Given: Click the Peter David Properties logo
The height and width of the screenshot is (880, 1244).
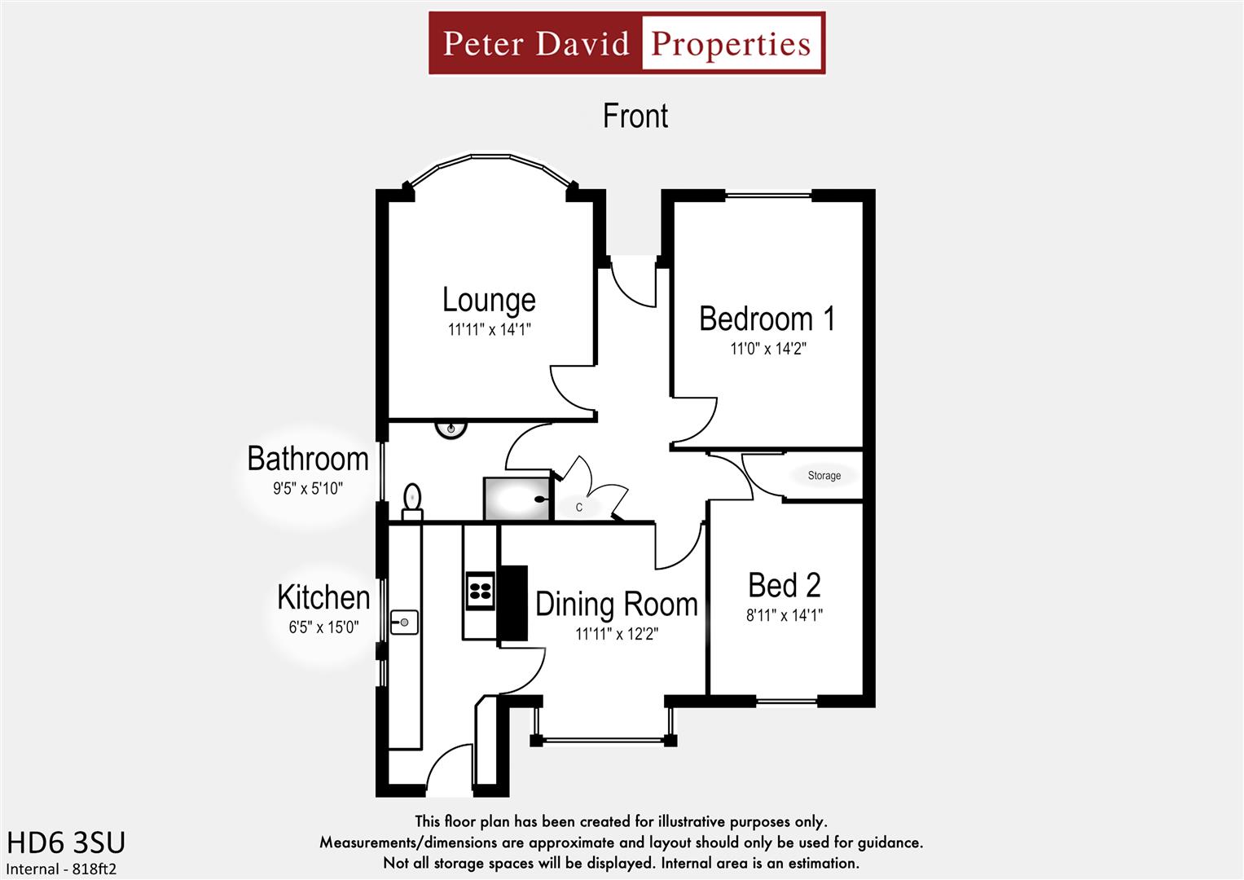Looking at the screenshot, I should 626,43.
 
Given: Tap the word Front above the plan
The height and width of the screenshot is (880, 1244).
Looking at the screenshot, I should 635,117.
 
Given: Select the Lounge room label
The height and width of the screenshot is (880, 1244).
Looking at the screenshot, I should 489,300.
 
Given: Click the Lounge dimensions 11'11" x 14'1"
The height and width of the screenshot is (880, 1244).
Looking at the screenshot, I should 489,330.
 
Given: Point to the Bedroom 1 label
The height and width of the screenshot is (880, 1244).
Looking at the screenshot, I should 767,319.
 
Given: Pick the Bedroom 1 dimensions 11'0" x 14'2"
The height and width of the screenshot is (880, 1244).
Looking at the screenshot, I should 767,349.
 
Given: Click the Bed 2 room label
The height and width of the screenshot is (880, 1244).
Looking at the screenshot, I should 784,586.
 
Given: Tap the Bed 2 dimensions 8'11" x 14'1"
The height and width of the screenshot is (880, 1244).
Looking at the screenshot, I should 784,615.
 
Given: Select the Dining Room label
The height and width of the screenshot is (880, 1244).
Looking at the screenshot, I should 616,605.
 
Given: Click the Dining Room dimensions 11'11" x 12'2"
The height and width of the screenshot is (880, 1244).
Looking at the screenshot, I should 616,634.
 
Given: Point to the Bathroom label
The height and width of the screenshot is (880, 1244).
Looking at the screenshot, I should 308,460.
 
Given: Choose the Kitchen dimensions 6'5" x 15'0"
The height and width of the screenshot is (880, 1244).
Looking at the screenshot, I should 323,627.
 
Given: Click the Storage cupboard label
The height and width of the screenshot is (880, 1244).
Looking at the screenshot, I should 824,476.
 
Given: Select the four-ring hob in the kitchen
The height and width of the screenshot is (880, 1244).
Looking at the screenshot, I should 480,590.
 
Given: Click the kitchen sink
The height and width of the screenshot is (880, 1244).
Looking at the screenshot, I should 403,623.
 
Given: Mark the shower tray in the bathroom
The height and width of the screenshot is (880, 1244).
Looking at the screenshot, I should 517,499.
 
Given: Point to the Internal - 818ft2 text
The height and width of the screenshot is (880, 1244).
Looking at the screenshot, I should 61,869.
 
